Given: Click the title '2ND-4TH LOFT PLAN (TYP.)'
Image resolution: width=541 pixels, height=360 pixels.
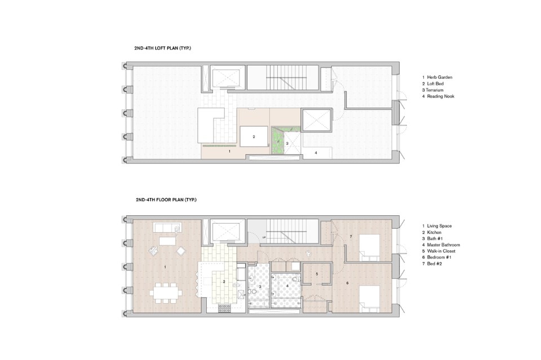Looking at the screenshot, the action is pos(162,48).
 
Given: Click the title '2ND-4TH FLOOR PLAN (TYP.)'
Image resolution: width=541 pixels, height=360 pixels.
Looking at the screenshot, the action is pos(165,199).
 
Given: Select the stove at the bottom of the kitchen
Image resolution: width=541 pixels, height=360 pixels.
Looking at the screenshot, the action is pos(224,308).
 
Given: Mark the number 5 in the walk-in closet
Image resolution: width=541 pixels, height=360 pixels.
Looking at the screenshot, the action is pos(317,274).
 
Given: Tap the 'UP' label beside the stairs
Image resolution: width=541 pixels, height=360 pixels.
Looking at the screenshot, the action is pos(264,238).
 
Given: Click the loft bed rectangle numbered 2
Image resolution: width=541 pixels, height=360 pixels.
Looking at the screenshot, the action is pos(254,136).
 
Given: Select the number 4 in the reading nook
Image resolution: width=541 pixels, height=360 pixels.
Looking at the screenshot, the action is pos(316,153).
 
